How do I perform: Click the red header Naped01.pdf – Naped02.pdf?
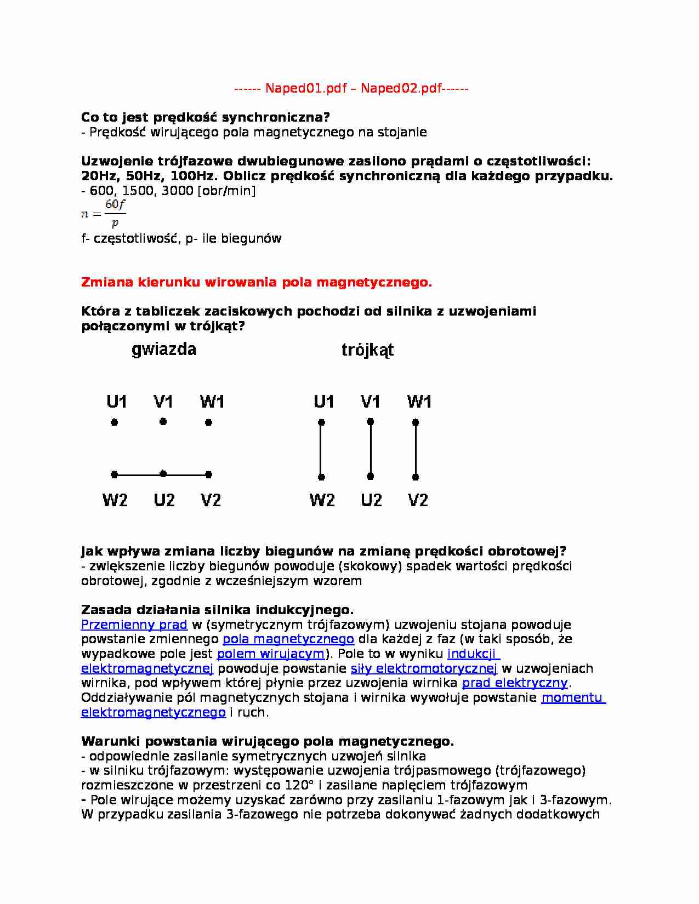point(351,88)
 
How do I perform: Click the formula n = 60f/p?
point(104,214)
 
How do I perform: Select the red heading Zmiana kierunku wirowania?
point(256,282)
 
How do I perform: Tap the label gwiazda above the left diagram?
point(164,350)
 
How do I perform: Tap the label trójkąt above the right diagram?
point(367,350)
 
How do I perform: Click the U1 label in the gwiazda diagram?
point(116,402)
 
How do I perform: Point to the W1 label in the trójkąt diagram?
point(419,402)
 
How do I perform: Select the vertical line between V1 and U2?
point(371,449)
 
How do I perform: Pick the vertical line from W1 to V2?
point(416,449)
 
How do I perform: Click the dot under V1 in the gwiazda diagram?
point(163,422)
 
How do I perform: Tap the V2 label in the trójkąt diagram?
point(418,500)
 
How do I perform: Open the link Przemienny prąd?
point(134,625)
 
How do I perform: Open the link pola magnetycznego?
point(288,639)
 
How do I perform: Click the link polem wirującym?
point(271,654)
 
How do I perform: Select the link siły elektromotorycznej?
point(424,668)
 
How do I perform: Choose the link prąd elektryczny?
point(515,683)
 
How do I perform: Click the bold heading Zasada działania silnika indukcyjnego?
point(217,610)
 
